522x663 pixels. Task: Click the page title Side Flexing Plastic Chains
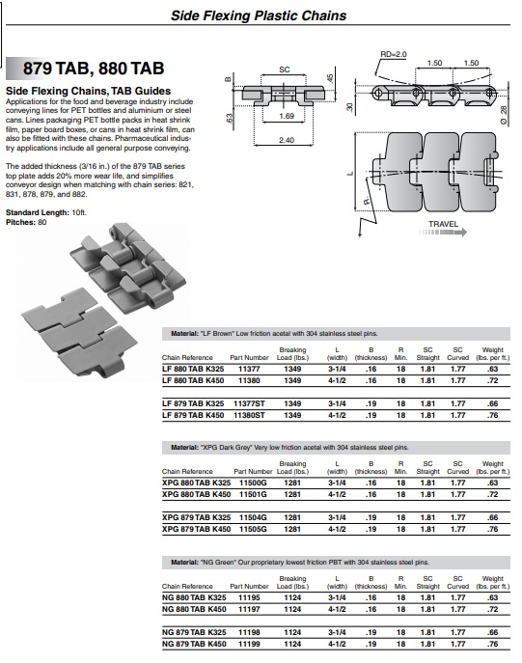click(x=259, y=15)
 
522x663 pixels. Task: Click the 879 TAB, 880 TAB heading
click(x=94, y=69)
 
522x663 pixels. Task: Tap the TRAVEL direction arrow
click(x=444, y=232)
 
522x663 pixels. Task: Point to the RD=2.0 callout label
click(x=393, y=54)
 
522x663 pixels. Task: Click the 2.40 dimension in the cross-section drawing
click(x=287, y=140)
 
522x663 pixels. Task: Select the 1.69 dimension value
click(x=287, y=116)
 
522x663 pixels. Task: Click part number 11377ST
click(x=249, y=403)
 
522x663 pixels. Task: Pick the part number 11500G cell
click(x=253, y=483)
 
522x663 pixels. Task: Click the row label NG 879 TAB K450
click(x=194, y=644)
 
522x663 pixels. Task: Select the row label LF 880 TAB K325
click(x=193, y=369)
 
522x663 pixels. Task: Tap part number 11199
click(x=249, y=644)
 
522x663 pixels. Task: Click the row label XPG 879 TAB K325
click(x=196, y=517)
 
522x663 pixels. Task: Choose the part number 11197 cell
click(x=249, y=609)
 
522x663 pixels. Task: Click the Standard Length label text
click(x=38, y=212)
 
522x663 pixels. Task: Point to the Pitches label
click(x=20, y=222)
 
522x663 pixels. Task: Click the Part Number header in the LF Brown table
click(x=249, y=358)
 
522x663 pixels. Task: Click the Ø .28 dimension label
click(x=503, y=115)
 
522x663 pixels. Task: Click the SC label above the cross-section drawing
click(x=284, y=69)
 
